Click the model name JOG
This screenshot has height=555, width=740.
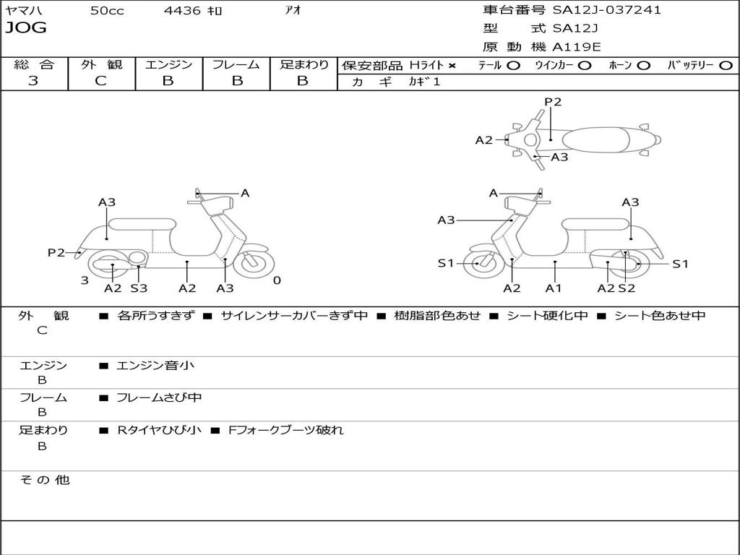point(26,28)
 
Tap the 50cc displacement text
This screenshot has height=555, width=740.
point(107,11)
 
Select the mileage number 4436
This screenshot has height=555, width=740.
point(181,11)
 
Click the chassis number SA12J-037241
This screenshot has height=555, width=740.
point(607,10)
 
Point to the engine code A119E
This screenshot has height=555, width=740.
point(577,48)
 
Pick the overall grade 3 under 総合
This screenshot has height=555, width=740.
point(33,81)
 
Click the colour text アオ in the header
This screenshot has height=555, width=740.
point(293,11)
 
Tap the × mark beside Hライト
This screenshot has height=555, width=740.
point(452,66)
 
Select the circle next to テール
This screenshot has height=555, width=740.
point(513,66)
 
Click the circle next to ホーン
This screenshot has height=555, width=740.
point(644,66)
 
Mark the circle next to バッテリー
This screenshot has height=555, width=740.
point(726,66)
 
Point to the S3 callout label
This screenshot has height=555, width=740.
point(139,288)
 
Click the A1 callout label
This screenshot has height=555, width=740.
point(554,288)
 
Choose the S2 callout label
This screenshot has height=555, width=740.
point(627,288)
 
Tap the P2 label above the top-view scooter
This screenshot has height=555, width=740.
point(553,102)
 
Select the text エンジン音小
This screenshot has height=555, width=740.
point(155,366)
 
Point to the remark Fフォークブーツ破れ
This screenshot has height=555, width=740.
point(285,430)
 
